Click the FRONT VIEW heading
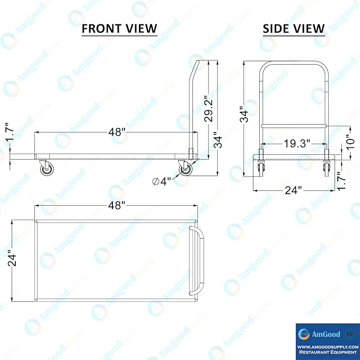[x=119, y=29]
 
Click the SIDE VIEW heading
[x=294, y=29]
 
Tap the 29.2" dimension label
[x=209, y=109]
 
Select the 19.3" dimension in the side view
[x=297, y=144]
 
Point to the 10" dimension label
[x=350, y=142]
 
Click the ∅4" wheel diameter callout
[x=162, y=181]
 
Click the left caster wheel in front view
[x=47, y=170]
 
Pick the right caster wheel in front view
[x=185, y=170]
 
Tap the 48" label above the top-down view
[x=117, y=206]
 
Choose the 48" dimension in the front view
[x=117, y=132]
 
